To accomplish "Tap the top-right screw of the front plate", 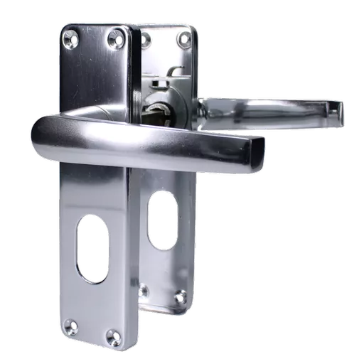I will click(114, 38).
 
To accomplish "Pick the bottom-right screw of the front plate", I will click(112, 335).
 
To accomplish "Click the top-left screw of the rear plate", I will click(145, 38).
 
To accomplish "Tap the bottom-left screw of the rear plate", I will click(144, 289).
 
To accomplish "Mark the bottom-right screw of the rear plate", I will click(181, 296).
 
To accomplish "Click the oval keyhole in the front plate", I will click(93, 249).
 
